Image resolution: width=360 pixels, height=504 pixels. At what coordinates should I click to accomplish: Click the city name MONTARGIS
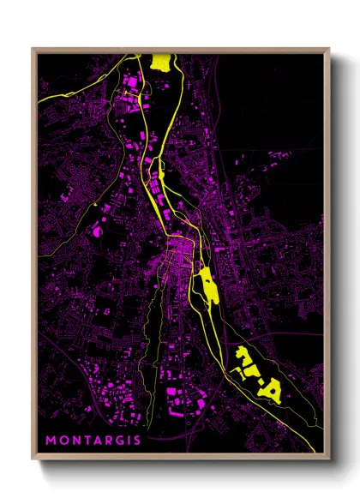[93, 441]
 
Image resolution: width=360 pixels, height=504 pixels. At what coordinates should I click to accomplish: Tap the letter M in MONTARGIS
[51, 441]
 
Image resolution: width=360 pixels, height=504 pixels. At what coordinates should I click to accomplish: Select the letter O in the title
[63, 441]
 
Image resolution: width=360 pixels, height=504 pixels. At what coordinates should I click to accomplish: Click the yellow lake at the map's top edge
[159, 62]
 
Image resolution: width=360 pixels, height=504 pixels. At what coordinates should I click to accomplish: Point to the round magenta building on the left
[101, 231]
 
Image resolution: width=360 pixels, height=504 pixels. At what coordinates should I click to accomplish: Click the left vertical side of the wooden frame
[33, 257]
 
